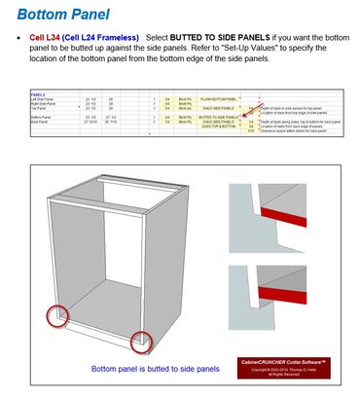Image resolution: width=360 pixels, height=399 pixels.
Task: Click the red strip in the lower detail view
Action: point(282,300)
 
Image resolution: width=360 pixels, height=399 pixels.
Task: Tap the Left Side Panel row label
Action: point(47,98)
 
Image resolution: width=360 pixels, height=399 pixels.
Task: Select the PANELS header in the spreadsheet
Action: point(40,93)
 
